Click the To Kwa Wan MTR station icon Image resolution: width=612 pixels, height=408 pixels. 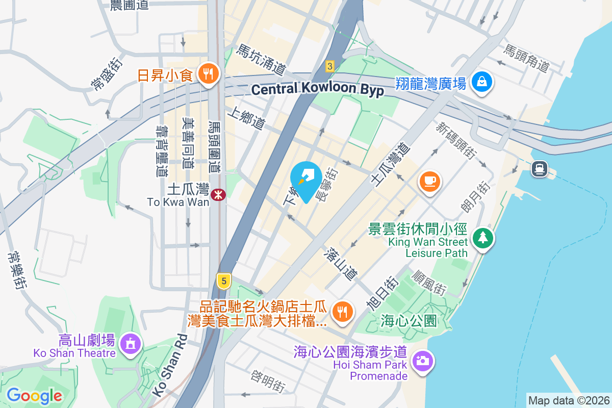click(x=219, y=194)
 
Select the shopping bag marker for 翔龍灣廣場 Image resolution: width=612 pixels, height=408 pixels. click(x=481, y=82)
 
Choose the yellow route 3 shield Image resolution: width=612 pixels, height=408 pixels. click(x=330, y=66)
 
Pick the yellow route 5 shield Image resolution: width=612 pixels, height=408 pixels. click(x=223, y=280)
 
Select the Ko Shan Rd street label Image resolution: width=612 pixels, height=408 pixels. click(x=169, y=365)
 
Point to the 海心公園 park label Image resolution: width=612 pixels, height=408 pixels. click(x=409, y=321)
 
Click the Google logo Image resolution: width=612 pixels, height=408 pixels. click(x=34, y=395)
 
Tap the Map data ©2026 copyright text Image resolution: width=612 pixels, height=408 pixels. click(x=569, y=400)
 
